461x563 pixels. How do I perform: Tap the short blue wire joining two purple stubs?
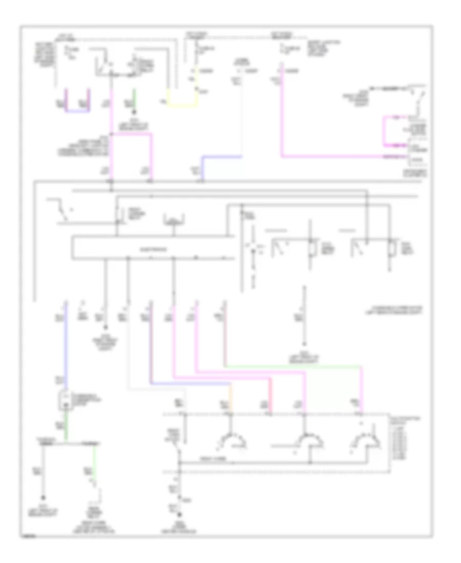click(x=78, y=111)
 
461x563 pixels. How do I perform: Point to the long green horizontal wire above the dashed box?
click(x=292, y=366)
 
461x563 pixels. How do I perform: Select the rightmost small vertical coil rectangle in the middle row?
click(x=391, y=248)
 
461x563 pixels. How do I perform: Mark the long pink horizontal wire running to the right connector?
click(x=333, y=155)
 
